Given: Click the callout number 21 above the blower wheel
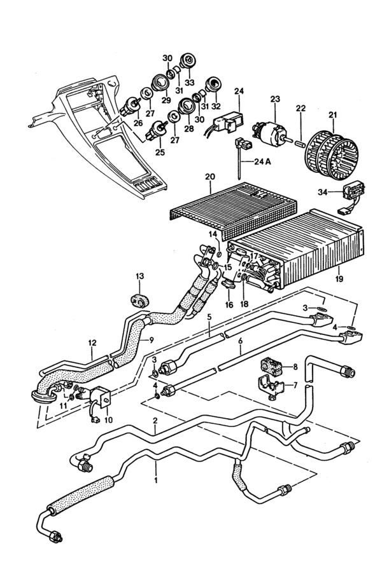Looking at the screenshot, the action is click(332, 115).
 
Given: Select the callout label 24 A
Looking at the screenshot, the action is click(263, 162).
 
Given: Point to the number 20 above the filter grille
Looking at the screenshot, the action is click(210, 177).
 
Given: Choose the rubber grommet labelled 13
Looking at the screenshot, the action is click(140, 300).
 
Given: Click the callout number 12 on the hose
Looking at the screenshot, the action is click(92, 343).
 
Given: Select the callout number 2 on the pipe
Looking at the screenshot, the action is click(155, 421).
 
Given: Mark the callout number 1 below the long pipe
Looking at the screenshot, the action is click(156, 480).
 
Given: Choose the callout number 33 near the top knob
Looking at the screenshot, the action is click(189, 83).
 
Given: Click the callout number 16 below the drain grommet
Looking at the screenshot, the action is click(229, 304).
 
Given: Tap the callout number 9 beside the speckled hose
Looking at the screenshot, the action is click(152, 340).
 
